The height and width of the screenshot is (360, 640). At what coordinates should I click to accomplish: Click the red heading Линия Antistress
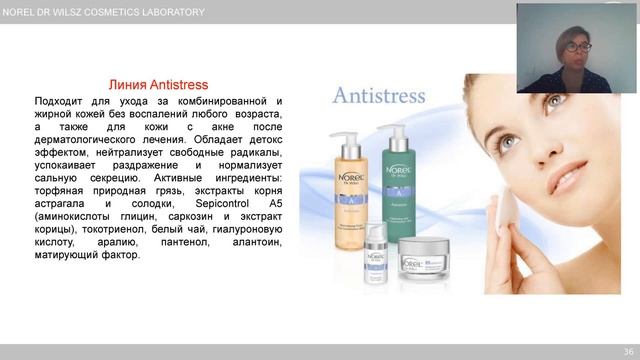(157, 86)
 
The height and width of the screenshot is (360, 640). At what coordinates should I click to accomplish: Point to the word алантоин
(254, 241)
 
